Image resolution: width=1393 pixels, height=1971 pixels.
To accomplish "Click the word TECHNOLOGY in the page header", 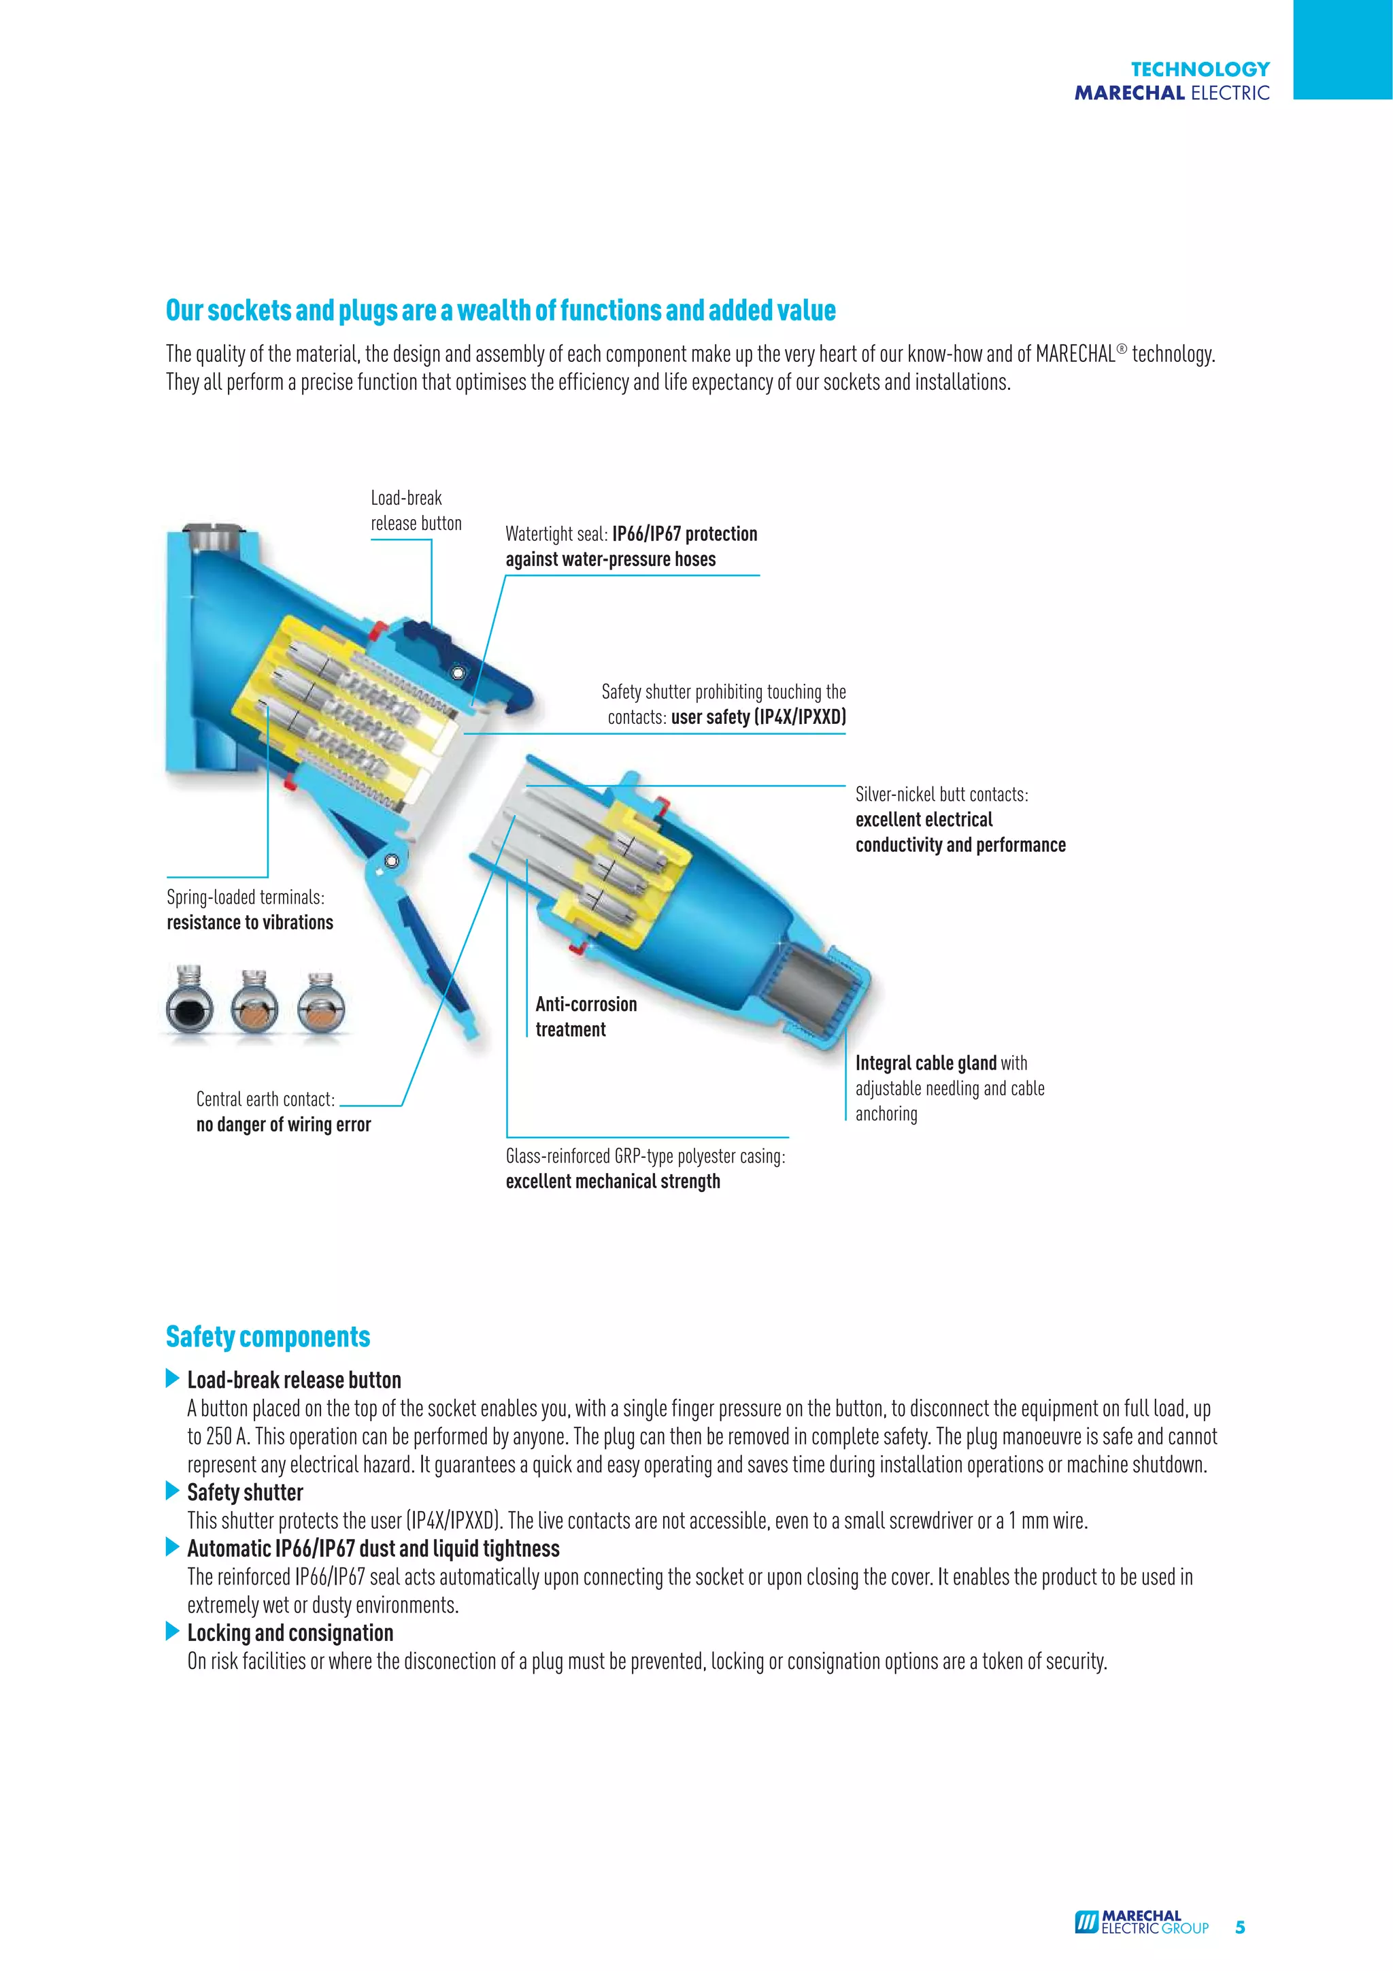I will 1199,69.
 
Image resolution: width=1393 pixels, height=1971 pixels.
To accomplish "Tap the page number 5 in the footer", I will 1239,1926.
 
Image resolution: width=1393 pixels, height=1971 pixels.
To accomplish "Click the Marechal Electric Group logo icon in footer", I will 1087,1921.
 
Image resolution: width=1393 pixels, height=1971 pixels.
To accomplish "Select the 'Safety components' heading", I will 268,1337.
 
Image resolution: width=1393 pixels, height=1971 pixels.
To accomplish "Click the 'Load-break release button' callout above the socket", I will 416,511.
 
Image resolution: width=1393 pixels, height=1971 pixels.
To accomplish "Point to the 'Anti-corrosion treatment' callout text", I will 586,1016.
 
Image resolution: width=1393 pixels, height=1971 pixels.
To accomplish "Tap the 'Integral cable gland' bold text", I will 925,1063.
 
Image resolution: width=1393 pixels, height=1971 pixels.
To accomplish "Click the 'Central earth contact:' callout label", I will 265,1099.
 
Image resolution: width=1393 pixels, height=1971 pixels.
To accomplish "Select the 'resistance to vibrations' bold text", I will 250,923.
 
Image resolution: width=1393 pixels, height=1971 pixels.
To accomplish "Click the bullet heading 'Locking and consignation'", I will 290,1633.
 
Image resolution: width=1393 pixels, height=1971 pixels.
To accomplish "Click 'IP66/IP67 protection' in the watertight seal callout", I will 684,534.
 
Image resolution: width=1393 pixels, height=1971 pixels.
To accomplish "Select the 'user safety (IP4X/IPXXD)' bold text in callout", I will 758,717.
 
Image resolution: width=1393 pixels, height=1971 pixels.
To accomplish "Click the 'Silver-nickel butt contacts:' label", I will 941,794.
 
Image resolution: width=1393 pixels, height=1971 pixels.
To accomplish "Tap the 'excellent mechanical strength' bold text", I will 613,1181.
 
